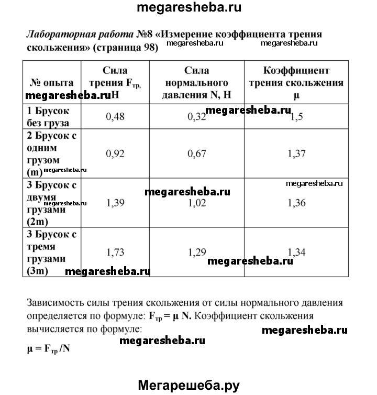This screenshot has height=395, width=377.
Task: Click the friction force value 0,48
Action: (x=115, y=116)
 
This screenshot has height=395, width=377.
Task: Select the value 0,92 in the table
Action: (x=115, y=153)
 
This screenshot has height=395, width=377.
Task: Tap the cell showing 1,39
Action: (x=115, y=203)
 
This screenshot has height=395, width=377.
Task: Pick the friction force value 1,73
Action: (x=115, y=252)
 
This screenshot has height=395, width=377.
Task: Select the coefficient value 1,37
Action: (x=296, y=153)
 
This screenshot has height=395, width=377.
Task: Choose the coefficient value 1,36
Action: (x=296, y=203)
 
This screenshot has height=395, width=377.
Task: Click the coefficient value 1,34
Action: (x=296, y=252)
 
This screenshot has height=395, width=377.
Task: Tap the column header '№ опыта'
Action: (x=51, y=83)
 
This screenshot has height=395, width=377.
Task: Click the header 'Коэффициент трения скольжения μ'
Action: (x=296, y=83)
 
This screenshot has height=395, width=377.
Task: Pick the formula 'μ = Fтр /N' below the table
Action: (x=48, y=347)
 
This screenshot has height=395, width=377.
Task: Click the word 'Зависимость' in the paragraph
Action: (x=56, y=303)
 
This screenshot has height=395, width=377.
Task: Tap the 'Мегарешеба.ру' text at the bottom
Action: (x=188, y=385)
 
